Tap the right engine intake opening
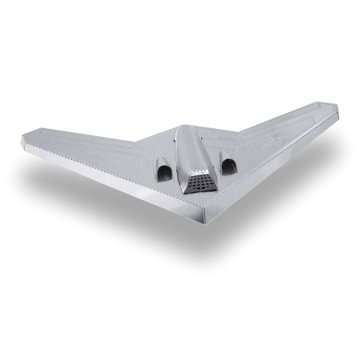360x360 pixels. click(x=227, y=164)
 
